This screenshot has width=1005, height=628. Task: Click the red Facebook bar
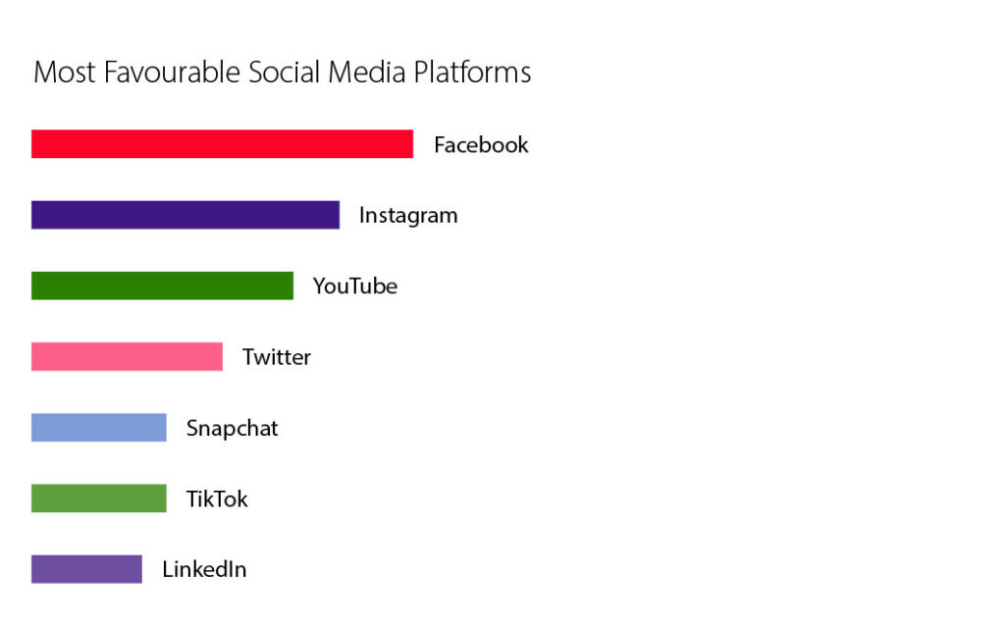tap(223, 143)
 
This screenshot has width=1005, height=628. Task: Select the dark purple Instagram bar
tap(185, 215)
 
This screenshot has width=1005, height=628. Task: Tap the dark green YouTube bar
tap(162, 286)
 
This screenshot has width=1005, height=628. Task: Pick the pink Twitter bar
tap(127, 356)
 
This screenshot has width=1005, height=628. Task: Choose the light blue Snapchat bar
tap(99, 428)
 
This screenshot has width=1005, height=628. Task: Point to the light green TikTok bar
tap(99, 498)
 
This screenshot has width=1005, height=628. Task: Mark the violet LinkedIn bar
tap(86, 569)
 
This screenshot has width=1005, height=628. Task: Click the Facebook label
tap(481, 145)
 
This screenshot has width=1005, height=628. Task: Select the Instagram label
tap(408, 216)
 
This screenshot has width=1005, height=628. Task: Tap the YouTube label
tap(355, 286)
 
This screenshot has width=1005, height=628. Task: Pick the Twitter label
tap(276, 357)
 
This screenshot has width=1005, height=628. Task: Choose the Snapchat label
tap(232, 429)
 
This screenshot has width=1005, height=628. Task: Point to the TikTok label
tap(217, 498)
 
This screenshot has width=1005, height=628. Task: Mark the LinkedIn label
tap(204, 569)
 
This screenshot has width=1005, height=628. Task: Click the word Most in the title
tap(64, 72)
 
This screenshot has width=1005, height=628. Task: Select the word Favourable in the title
tap(172, 72)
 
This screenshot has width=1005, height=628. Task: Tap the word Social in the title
tap(284, 72)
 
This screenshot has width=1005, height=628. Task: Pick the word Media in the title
tap(367, 72)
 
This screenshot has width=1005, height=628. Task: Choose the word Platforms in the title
tap(472, 72)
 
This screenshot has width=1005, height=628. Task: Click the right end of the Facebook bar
tap(413, 143)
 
